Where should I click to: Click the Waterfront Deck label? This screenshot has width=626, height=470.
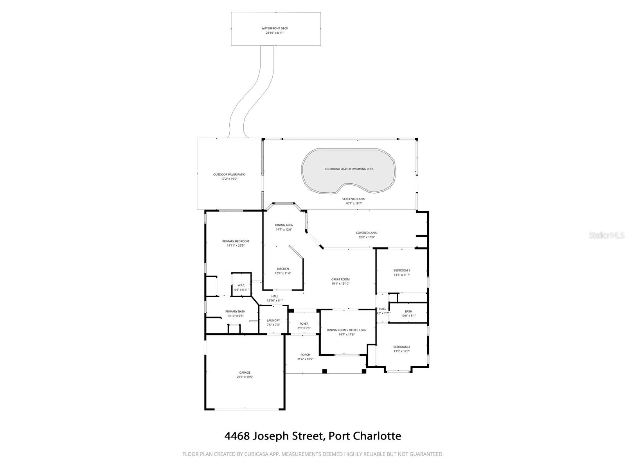[x=275, y=28]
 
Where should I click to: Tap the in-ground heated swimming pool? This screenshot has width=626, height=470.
[x=349, y=171]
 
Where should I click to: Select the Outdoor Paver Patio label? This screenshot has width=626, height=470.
[x=229, y=174]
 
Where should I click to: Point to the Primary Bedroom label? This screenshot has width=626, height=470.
[x=236, y=241]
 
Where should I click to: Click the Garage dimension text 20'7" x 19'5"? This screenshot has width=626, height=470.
[x=245, y=377]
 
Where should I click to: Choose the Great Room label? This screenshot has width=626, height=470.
[x=340, y=279]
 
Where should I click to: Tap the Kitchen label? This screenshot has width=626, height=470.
[x=283, y=269]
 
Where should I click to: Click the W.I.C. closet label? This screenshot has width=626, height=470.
[x=241, y=285]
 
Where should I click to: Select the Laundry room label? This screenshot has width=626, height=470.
[x=273, y=320]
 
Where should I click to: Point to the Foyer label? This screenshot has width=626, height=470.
[x=304, y=324]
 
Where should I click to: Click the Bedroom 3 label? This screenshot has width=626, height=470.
[x=402, y=270]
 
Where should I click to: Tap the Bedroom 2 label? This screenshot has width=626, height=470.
[x=401, y=347]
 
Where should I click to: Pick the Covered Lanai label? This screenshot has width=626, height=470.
[x=367, y=233]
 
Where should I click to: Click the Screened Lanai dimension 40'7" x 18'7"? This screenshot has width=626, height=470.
[x=354, y=203]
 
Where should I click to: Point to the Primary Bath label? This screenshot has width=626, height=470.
[x=236, y=311]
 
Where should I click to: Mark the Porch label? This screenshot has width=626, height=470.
[x=305, y=355]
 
